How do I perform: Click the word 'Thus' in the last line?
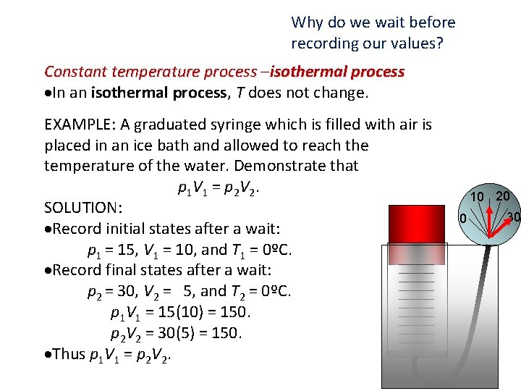(x=69, y=354)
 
